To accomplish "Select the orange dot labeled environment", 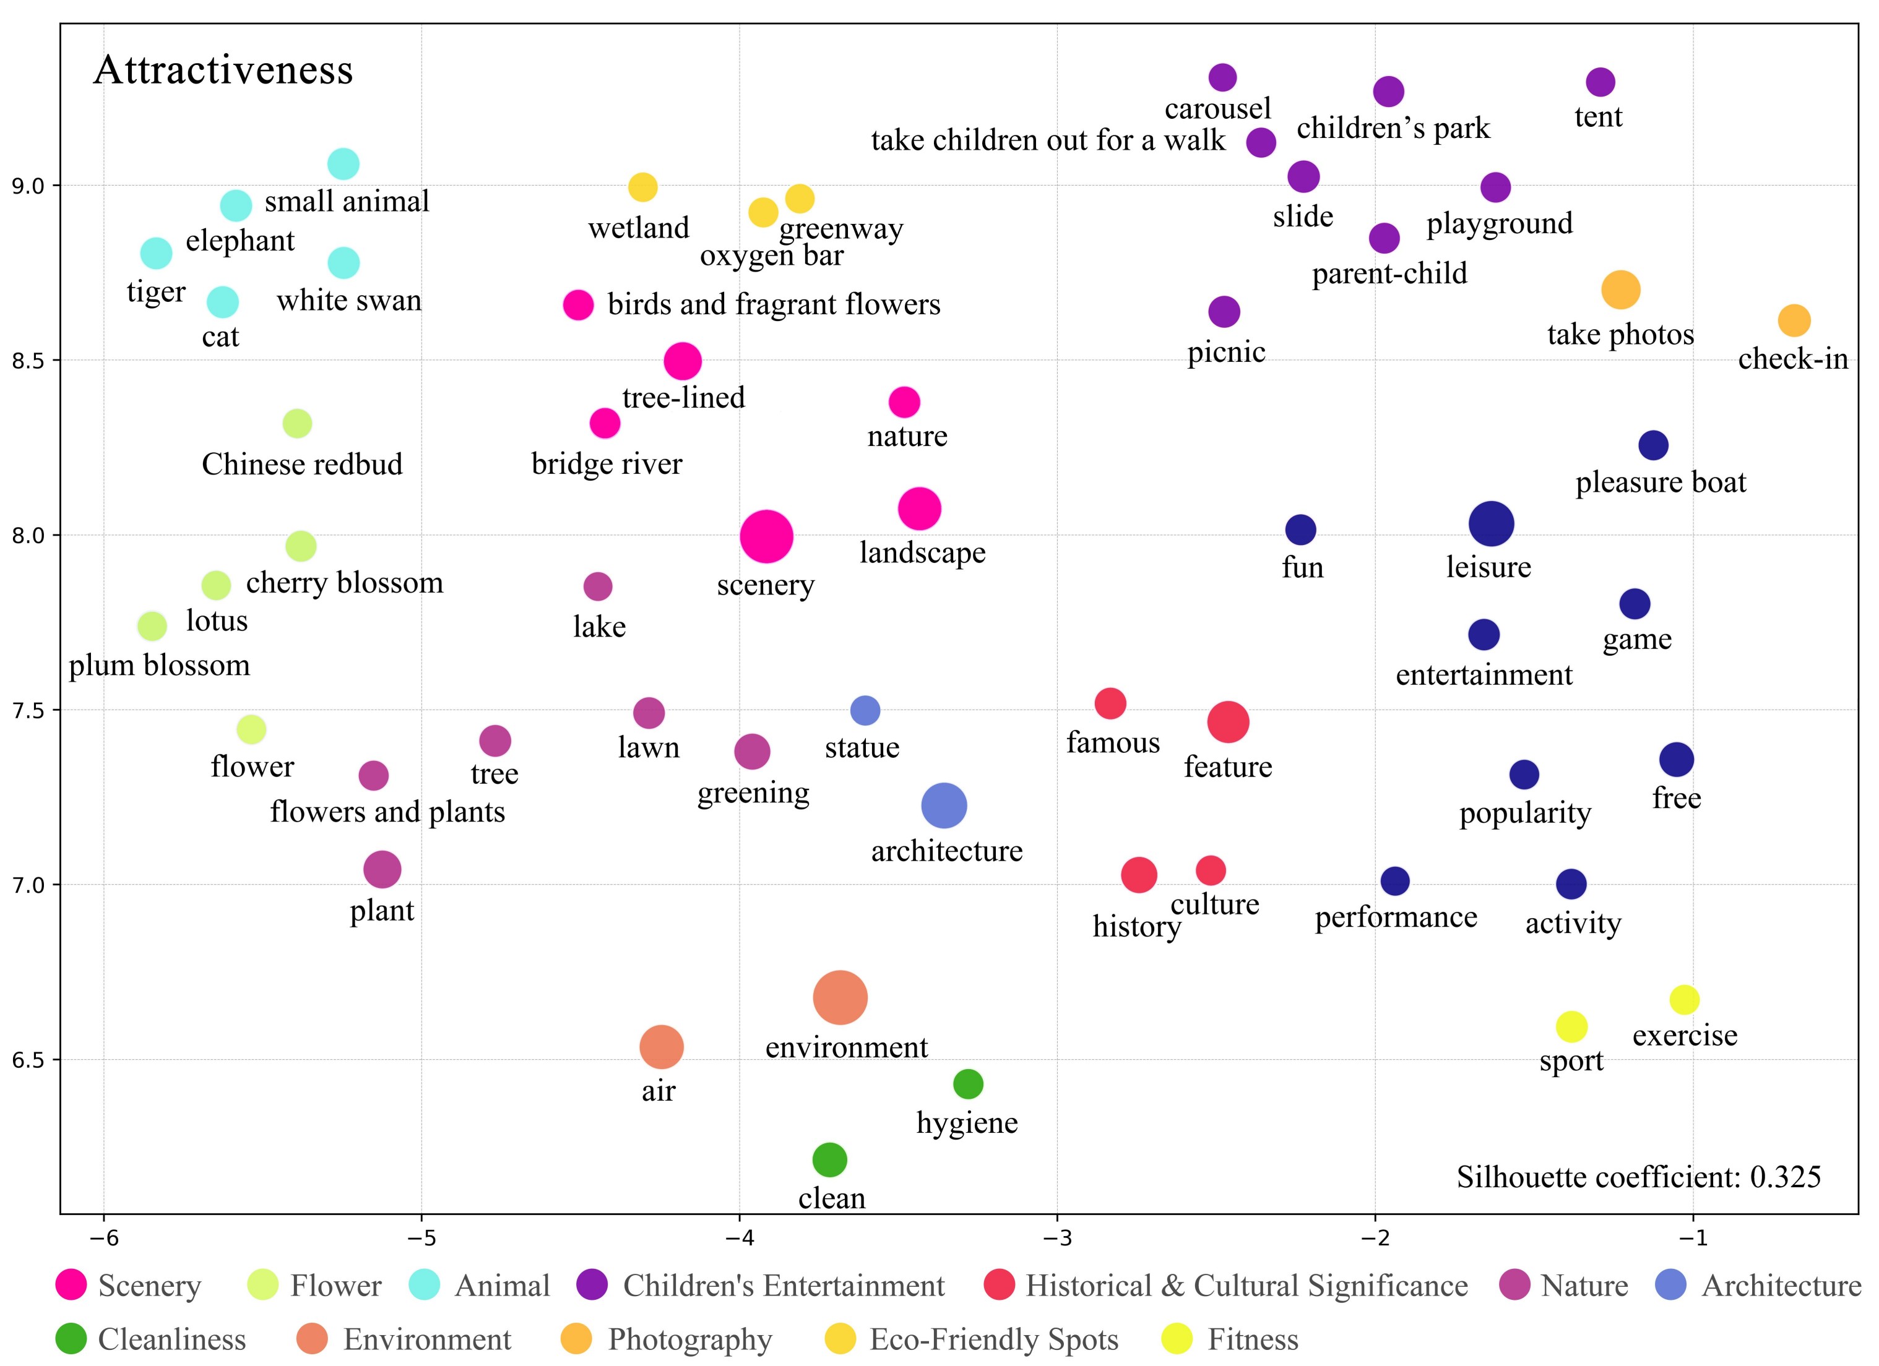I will pyautogui.click(x=840, y=997).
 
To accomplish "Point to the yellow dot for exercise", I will pyautogui.click(x=1684, y=1000).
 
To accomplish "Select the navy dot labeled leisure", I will pyautogui.click(x=1492, y=523).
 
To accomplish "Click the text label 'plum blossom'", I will pyautogui.click(x=159, y=665).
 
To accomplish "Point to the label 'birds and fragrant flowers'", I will pyautogui.click(x=774, y=305).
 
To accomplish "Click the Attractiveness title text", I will pyautogui.click(x=223, y=71).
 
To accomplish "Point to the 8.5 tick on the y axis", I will pyautogui.click(x=29, y=360).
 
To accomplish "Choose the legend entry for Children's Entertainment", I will pyautogui.click(x=783, y=1286).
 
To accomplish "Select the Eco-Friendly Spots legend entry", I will pyautogui.click(x=993, y=1339).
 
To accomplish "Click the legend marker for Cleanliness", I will pyautogui.click(x=71, y=1339).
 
